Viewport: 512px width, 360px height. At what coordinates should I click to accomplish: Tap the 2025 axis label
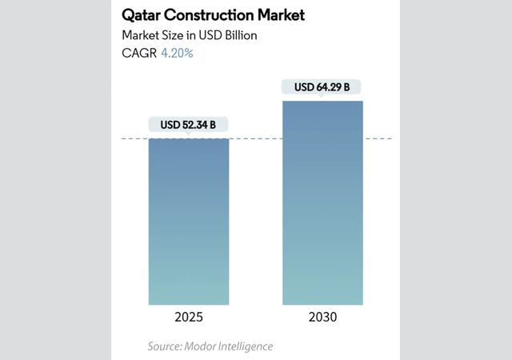(x=189, y=317)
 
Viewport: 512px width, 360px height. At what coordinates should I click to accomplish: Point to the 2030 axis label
(x=322, y=317)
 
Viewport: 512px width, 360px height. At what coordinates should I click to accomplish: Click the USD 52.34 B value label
(x=189, y=125)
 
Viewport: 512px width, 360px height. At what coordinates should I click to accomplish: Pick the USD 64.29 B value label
(x=322, y=86)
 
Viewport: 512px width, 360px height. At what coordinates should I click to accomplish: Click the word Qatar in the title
(x=142, y=15)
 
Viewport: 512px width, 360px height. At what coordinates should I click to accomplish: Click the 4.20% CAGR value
(x=177, y=54)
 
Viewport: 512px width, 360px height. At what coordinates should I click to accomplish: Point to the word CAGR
(x=138, y=54)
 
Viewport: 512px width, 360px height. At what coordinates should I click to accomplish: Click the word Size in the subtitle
(x=173, y=35)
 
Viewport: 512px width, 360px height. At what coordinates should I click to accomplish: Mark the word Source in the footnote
(x=164, y=346)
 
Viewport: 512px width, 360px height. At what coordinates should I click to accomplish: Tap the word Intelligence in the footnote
(x=244, y=346)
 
